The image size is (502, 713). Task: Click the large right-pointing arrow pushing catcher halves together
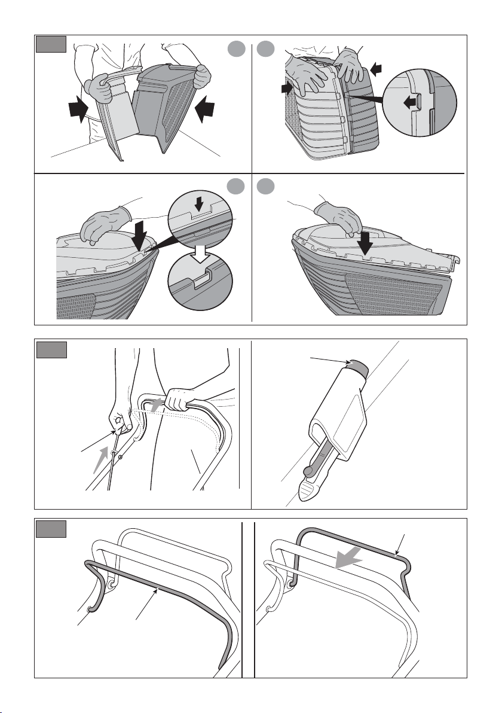(x=77, y=111)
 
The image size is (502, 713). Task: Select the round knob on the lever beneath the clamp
(x=308, y=472)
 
